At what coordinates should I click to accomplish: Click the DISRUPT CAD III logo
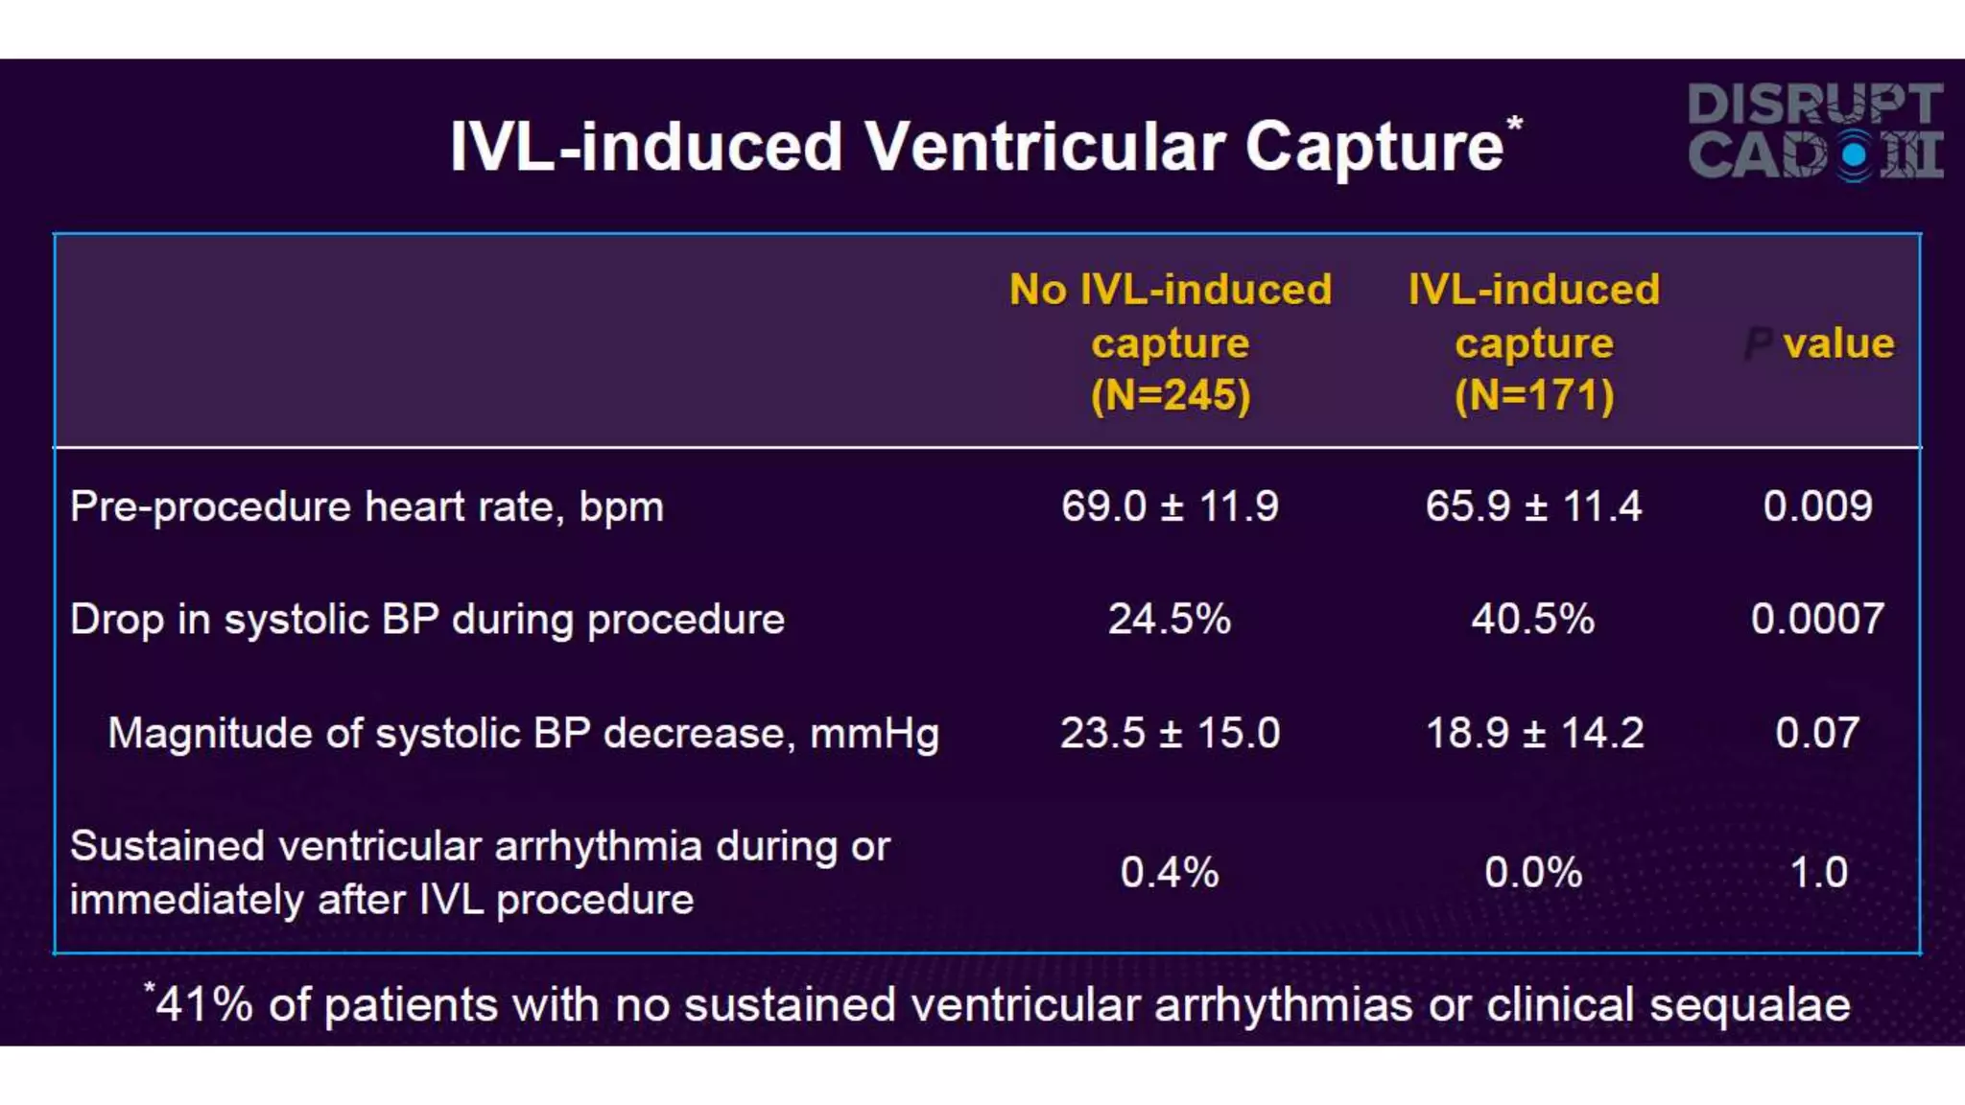[1815, 131]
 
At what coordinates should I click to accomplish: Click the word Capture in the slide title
[1374, 147]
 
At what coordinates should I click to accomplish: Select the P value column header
[1819, 343]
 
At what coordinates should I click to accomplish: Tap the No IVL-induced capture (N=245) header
[1171, 342]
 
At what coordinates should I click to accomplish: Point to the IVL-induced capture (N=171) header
[1533, 342]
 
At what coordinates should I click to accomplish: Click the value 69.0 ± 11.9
[1170, 506]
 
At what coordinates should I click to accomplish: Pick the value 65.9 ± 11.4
[1533, 506]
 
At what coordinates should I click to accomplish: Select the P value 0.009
[1817, 506]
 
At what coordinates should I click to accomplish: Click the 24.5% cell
[1170, 620]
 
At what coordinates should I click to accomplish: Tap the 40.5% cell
[1532, 620]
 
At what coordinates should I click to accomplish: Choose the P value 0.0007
[1817, 620]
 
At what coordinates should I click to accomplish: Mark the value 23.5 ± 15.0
[1170, 734]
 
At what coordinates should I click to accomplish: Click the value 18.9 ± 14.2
[1534, 734]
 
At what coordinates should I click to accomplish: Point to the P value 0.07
[1817, 734]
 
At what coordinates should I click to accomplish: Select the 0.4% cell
[1170, 873]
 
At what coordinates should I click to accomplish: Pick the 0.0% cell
[1532, 873]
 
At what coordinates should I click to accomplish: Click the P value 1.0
[1818, 873]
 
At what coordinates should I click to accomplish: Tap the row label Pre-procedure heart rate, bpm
[367, 506]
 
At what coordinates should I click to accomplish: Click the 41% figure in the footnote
[203, 1005]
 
